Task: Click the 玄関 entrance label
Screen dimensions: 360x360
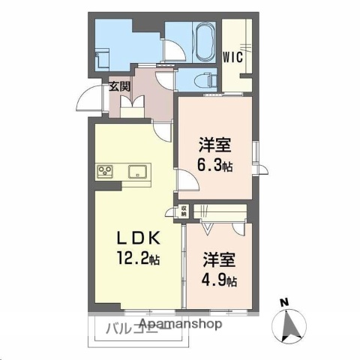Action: pos(119,86)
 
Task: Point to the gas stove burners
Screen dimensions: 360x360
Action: pos(105,172)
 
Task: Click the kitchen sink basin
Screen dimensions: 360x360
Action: pos(138,171)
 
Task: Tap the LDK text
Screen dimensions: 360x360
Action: pos(137,238)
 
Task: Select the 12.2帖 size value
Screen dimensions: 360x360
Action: pos(138,259)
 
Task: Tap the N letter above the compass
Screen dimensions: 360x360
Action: pos(284,302)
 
